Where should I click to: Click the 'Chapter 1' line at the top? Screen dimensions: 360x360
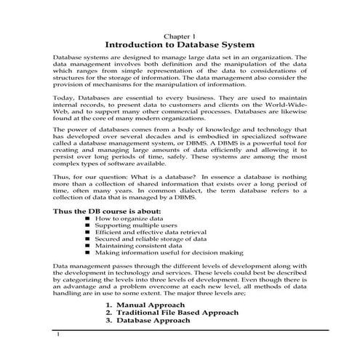click(179, 35)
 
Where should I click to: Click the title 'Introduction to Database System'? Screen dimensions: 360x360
click(180, 45)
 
